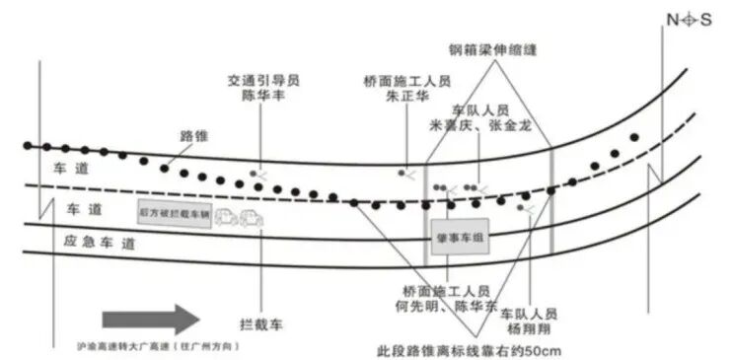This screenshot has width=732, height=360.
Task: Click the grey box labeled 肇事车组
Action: [x=459, y=238]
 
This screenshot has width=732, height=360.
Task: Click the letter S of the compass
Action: [x=706, y=21]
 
